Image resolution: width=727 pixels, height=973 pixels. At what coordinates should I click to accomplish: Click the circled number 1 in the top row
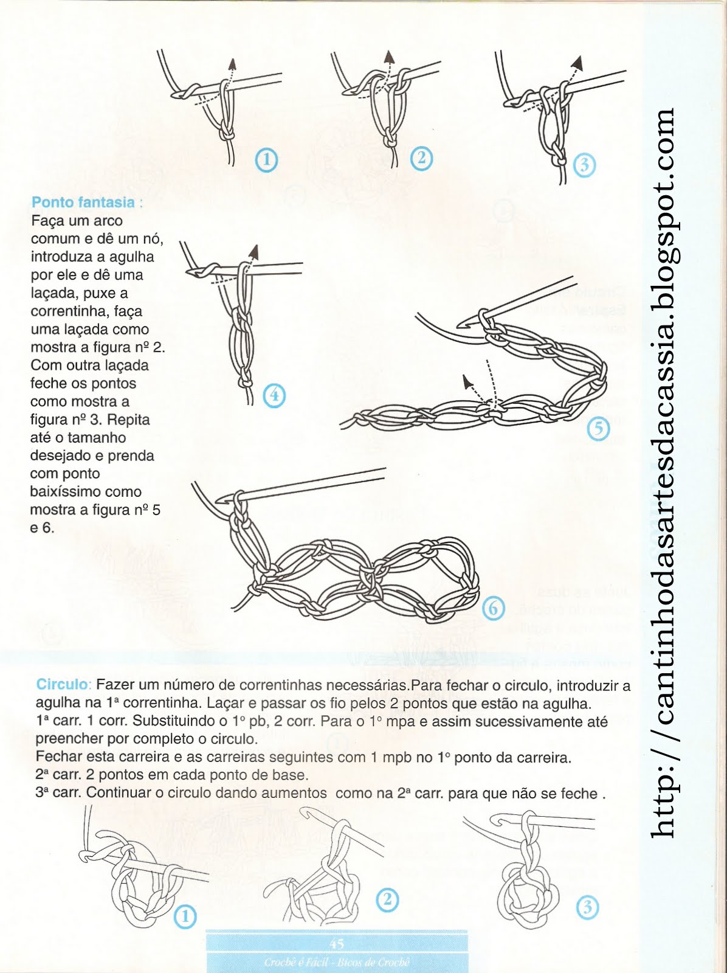tap(266, 160)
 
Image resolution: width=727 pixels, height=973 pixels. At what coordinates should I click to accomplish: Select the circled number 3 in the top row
tap(584, 164)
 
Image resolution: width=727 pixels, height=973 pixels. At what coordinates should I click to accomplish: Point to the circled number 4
tap(274, 396)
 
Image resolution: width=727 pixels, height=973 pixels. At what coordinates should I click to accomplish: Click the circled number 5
tap(599, 428)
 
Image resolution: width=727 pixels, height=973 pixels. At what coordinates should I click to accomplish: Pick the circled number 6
tap(494, 608)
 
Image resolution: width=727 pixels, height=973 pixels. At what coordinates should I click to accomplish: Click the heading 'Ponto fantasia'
tap(83, 203)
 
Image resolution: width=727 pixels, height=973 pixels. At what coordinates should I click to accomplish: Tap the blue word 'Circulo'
tap(62, 684)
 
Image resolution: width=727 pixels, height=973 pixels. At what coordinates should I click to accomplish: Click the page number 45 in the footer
tap(336, 943)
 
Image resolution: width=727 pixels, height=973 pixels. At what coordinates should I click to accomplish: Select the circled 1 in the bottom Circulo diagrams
tap(185, 916)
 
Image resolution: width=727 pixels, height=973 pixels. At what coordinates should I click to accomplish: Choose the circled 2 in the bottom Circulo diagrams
tap(387, 899)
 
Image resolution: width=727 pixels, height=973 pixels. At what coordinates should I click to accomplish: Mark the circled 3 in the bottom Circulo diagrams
tap(587, 908)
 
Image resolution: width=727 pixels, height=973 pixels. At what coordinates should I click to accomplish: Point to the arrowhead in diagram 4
tap(253, 251)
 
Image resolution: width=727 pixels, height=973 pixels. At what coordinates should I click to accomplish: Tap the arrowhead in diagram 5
tap(467, 382)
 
